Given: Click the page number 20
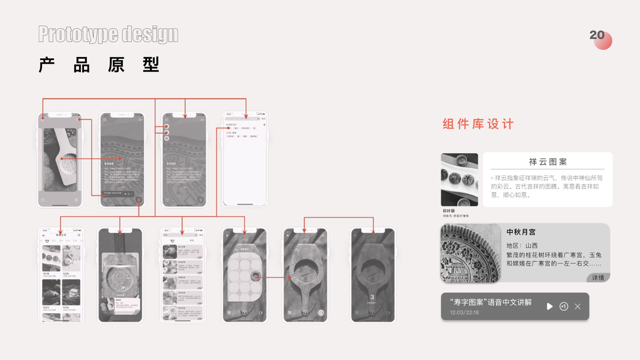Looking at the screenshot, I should (597, 35).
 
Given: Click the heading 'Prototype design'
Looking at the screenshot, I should (108, 34).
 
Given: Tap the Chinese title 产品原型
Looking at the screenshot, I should (99, 65).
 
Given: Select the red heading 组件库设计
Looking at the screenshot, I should (478, 124).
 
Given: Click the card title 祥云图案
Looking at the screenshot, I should (548, 162).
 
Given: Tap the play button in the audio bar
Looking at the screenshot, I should (549, 307).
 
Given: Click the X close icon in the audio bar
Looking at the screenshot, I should (578, 307).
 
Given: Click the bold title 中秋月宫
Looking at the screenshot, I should (521, 232).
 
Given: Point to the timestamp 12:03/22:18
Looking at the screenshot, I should (465, 313).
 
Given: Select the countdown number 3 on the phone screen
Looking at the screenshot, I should (372, 297).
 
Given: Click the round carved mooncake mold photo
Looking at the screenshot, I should (470, 253).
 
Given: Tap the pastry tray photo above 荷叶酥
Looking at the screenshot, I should (459, 179).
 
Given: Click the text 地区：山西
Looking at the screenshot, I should (522, 245).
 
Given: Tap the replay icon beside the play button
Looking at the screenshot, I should (564, 307).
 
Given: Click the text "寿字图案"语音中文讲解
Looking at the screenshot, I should (491, 302).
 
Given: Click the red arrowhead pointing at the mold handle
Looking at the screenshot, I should (290, 277).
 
